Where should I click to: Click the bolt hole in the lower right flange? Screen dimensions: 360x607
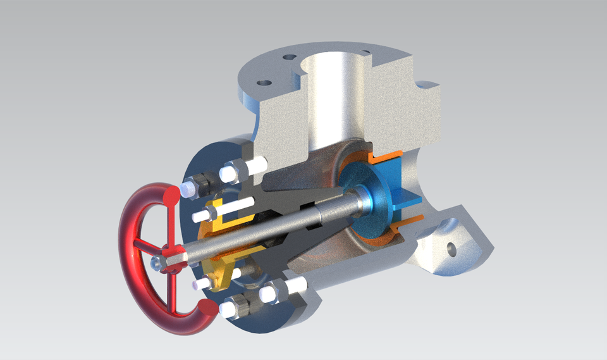pyautogui.click(x=451, y=248)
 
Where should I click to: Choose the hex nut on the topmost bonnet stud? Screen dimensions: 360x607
pyautogui.click(x=230, y=171)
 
